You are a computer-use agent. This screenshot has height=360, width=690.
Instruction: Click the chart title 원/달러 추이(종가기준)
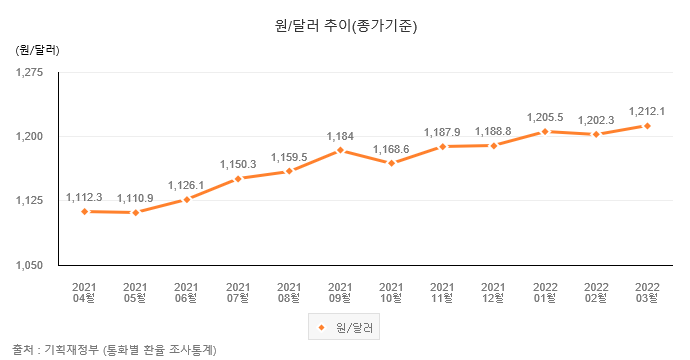pyautogui.click(x=345, y=27)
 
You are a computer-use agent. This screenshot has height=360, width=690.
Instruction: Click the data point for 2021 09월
pyautogui.click(x=340, y=150)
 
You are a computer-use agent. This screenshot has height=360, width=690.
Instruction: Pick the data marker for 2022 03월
pyautogui.click(x=647, y=126)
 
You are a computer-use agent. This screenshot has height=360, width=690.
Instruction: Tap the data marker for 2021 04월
pyautogui.click(x=84, y=211)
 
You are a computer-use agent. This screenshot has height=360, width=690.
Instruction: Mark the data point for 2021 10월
pyautogui.click(x=391, y=163)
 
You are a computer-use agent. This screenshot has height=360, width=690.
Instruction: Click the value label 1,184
pyautogui.click(x=340, y=135)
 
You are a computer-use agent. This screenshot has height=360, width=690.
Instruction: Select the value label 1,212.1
pyautogui.click(x=647, y=111)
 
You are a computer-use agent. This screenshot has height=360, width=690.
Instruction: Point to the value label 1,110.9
pyautogui.click(x=135, y=198)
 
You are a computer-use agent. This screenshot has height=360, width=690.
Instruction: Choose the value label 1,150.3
pyautogui.click(x=238, y=164)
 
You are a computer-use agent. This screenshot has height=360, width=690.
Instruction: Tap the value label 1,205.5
pyautogui.click(x=545, y=117)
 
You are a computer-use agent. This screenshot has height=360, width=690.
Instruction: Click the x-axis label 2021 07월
pyautogui.click(x=238, y=291)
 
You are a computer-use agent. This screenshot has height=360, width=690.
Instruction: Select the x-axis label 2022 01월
pyautogui.click(x=545, y=291)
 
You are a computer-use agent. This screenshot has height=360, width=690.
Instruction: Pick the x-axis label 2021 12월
pyautogui.click(x=494, y=291)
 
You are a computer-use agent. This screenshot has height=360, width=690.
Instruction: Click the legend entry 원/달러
pyautogui.click(x=345, y=327)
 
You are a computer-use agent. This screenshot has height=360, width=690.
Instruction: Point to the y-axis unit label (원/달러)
pyautogui.click(x=37, y=48)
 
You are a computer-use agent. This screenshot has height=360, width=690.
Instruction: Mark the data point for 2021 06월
pyautogui.click(x=186, y=199)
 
